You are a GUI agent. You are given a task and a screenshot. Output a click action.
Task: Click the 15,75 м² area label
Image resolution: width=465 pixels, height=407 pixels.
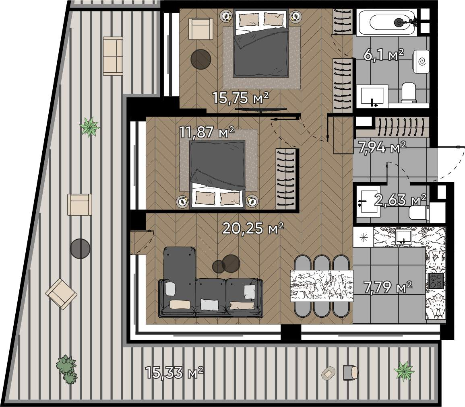pos(240,98)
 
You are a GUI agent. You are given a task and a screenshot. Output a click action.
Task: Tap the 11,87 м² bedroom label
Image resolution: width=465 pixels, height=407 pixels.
pos(207,132)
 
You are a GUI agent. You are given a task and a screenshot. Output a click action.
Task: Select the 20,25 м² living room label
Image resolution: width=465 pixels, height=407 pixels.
pos(253,228)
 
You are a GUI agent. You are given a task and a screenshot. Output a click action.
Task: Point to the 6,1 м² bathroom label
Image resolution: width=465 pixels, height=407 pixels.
pos(383,55)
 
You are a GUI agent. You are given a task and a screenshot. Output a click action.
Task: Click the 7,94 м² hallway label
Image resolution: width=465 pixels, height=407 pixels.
pos(382,147)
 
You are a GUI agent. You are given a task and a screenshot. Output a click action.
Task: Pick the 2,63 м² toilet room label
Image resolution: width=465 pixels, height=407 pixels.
pos(401,200)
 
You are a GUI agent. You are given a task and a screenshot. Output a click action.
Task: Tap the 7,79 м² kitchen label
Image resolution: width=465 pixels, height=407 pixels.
pos(388,287)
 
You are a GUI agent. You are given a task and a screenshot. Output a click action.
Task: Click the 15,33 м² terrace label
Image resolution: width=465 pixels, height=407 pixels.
pos(174,372)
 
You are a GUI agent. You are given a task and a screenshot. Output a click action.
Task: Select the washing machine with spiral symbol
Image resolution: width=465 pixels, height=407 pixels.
pos(421,62)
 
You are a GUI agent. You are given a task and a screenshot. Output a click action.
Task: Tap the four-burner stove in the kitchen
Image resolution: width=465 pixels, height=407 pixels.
pos(436,281)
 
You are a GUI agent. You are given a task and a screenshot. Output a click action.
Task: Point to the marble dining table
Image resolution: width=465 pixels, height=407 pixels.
pos(322,286)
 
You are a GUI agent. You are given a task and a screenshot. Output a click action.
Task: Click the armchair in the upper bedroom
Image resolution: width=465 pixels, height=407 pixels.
pos(201,29)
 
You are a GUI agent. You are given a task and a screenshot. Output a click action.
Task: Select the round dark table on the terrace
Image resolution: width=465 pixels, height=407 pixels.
pos(80,249)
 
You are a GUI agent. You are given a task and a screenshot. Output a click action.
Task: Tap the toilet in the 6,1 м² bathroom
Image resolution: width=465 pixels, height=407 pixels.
pos(409,92)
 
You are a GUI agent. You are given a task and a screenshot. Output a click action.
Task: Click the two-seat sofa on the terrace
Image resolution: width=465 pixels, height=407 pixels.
pos(113,56)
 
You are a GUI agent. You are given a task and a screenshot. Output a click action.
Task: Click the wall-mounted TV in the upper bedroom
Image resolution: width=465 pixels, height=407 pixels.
pos(260,110)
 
